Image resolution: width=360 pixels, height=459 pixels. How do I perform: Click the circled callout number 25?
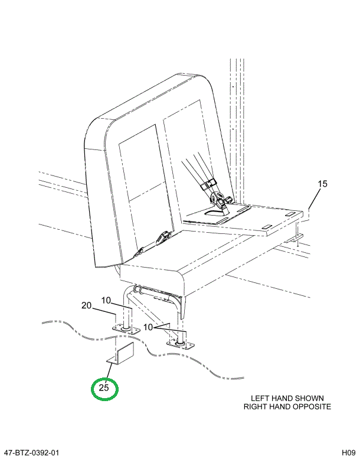(104, 388)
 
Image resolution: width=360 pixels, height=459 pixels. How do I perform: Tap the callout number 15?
(322, 184)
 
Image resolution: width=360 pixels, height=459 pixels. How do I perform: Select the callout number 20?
(87, 305)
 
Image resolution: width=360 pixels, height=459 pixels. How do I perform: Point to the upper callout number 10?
(106, 301)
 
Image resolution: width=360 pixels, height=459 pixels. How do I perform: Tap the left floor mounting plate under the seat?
(125, 328)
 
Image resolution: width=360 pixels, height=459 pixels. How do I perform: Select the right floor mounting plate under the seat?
(181, 343)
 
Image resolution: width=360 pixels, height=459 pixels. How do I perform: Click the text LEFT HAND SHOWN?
(287, 398)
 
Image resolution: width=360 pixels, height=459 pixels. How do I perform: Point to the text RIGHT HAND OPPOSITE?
(287, 406)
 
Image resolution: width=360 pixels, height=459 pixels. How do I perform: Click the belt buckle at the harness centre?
(221, 201)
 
